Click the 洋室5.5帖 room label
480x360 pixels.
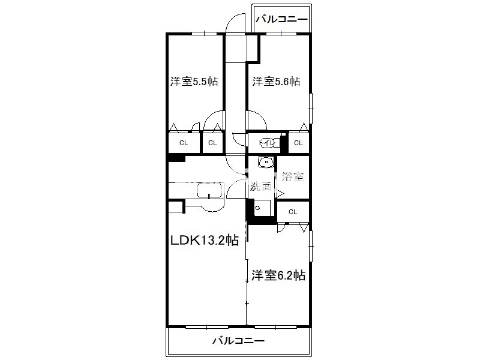click(194, 82)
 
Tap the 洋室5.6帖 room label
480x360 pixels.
click(276, 81)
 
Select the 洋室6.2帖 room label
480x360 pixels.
click(278, 275)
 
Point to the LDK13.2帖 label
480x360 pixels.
click(204, 240)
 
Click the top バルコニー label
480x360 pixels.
click(281, 20)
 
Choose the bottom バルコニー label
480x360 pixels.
click(238, 340)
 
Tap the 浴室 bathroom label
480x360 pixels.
click(293, 176)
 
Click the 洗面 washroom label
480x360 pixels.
click(261, 187)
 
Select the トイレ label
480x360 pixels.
click(266, 142)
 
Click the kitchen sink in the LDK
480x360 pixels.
click(209, 191)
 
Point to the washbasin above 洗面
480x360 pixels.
click(266, 162)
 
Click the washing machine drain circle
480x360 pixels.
click(257, 208)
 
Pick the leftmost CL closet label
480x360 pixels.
click(184, 143)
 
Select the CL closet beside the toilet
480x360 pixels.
click(298, 143)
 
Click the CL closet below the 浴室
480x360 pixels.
click(293, 212)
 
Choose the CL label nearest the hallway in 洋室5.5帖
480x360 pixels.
click(212, 143)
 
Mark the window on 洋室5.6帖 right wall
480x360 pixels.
click(310, 108)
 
